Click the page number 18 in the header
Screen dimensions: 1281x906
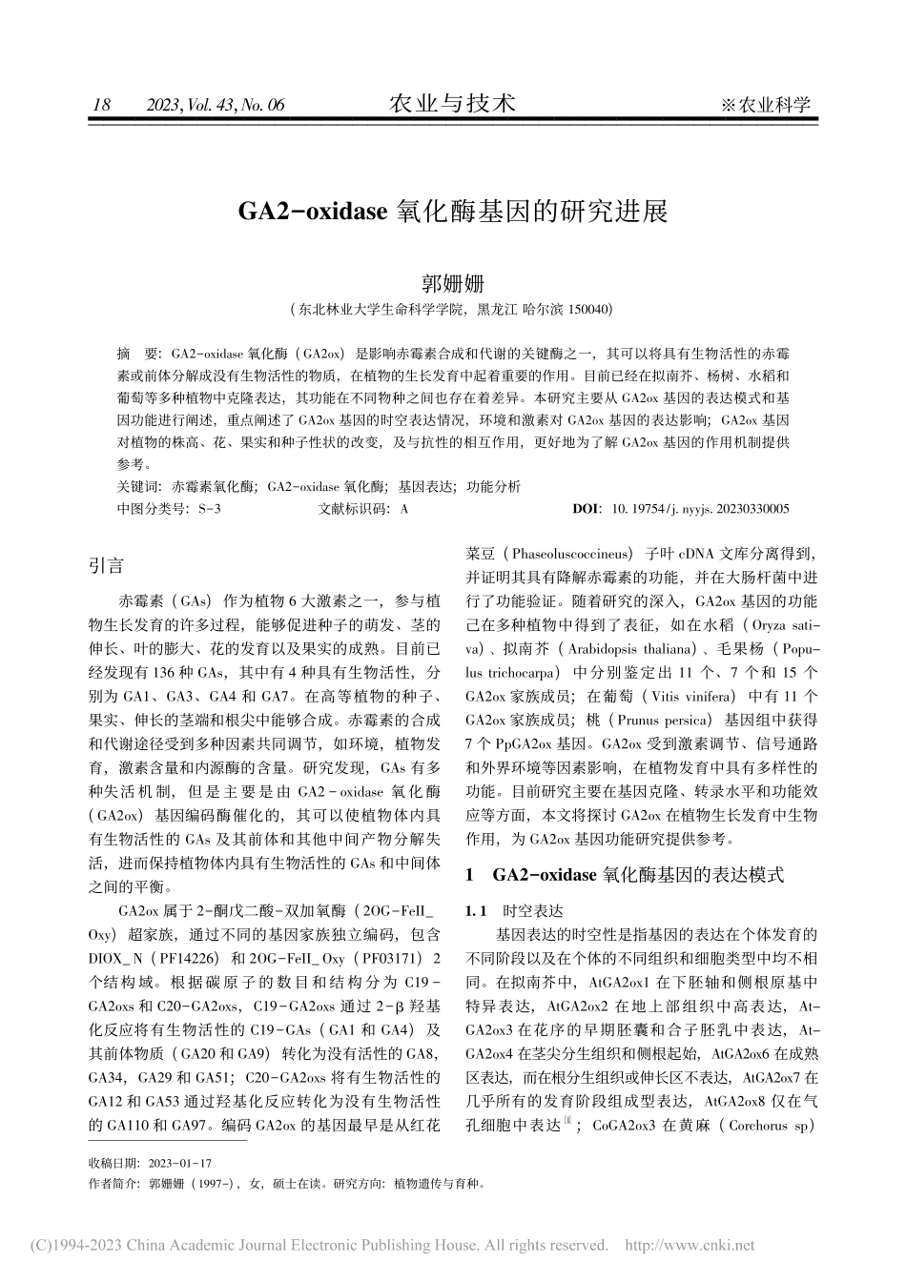(x=98, y=106)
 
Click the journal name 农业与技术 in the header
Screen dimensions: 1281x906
(x=452, y=103)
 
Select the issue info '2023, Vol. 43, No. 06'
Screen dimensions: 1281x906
(x=216, y=106)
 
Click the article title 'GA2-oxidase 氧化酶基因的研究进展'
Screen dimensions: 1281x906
(x=452, y=211)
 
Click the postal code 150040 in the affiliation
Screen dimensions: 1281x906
(x=588, y=310)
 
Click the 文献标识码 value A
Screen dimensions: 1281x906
(x=404, y=509)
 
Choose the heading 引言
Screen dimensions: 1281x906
(x=105, y=565)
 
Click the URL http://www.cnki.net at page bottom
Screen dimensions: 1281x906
(x=689, y=1245)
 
